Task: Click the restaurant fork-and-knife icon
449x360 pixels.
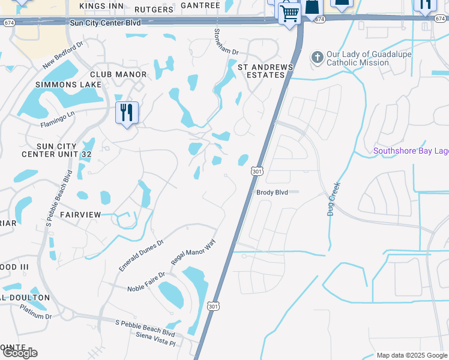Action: coord(127,112)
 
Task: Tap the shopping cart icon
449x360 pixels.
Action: coord(290,13)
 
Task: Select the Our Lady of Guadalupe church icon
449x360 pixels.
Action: coord(317,58)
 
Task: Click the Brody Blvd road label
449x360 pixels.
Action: coord(273,193)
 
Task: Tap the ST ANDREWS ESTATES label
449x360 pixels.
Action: coord(261,71)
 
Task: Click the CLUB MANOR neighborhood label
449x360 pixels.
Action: coord(118,74)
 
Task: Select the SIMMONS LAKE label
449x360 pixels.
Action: coord(64,85)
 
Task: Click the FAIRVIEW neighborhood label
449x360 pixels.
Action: coord(80,214)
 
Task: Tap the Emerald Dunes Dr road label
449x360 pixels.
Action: coord(141,256)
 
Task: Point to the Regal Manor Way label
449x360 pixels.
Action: coord(193,250)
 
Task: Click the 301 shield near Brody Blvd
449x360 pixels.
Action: coord(256,171)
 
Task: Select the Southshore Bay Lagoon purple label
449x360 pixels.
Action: coord(411,151)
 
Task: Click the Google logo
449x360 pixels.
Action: coord(20,353)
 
